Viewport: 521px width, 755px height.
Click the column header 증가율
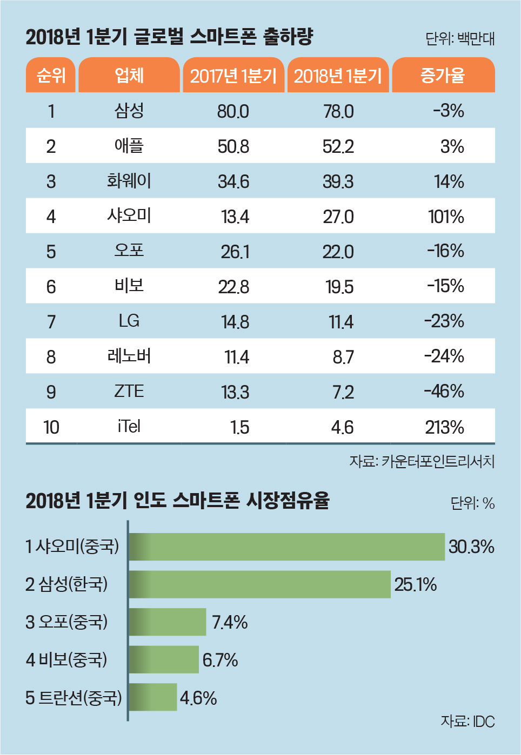(x=443, y=76)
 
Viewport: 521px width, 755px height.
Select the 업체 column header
(x=129, y=76)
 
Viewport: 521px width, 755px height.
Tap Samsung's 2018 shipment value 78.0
(x=338, y=111)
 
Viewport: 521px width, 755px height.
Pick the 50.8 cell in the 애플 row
(x=233, y=146)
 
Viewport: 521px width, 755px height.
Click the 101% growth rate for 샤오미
(x=446, y=217)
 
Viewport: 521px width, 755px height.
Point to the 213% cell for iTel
(x=445, y=427)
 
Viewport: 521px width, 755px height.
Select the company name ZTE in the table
(x=129, y=392)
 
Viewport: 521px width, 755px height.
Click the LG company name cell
(x=129, y=321)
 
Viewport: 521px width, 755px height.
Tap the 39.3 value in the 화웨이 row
(x=338, y=181)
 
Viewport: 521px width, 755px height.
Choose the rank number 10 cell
(x=51, y=427)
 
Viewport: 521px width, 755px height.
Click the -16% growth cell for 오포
(x=445, y=251)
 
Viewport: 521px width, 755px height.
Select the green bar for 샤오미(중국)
(x=286, y=547)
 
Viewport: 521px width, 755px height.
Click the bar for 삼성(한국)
(x=259, y=584)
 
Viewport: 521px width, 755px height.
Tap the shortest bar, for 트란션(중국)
(x=153, y=697)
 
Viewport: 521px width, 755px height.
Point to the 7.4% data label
(x=230, y=622)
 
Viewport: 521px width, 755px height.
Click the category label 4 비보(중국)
(x=66, y=659)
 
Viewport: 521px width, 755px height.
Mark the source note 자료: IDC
(x=467, y=722)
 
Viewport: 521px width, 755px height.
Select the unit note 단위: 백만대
(x=460, y=39)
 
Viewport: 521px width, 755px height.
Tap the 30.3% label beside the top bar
(x=471, y=547)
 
